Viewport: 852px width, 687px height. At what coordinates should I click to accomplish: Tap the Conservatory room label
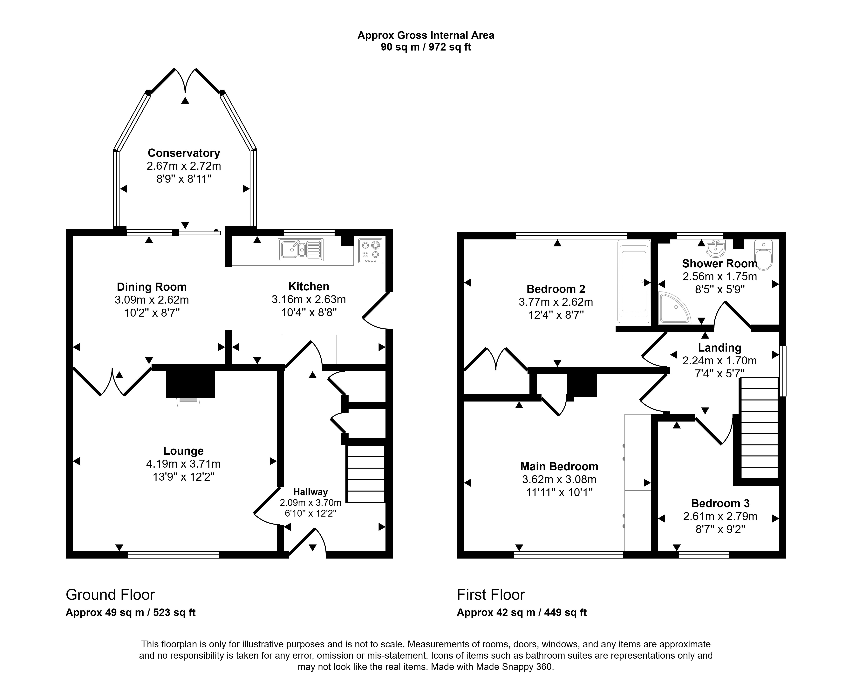(x=184, y=153)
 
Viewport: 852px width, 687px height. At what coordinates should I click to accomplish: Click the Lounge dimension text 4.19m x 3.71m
(x=184, y=463)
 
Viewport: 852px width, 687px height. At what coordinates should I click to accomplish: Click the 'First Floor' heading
(x=491, y=595)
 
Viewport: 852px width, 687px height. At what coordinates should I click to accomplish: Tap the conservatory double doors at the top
(x=185, y=81)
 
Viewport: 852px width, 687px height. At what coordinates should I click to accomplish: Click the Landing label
(x=719, y=348)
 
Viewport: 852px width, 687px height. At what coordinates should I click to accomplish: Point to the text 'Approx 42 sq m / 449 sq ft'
(x=522, y=613)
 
